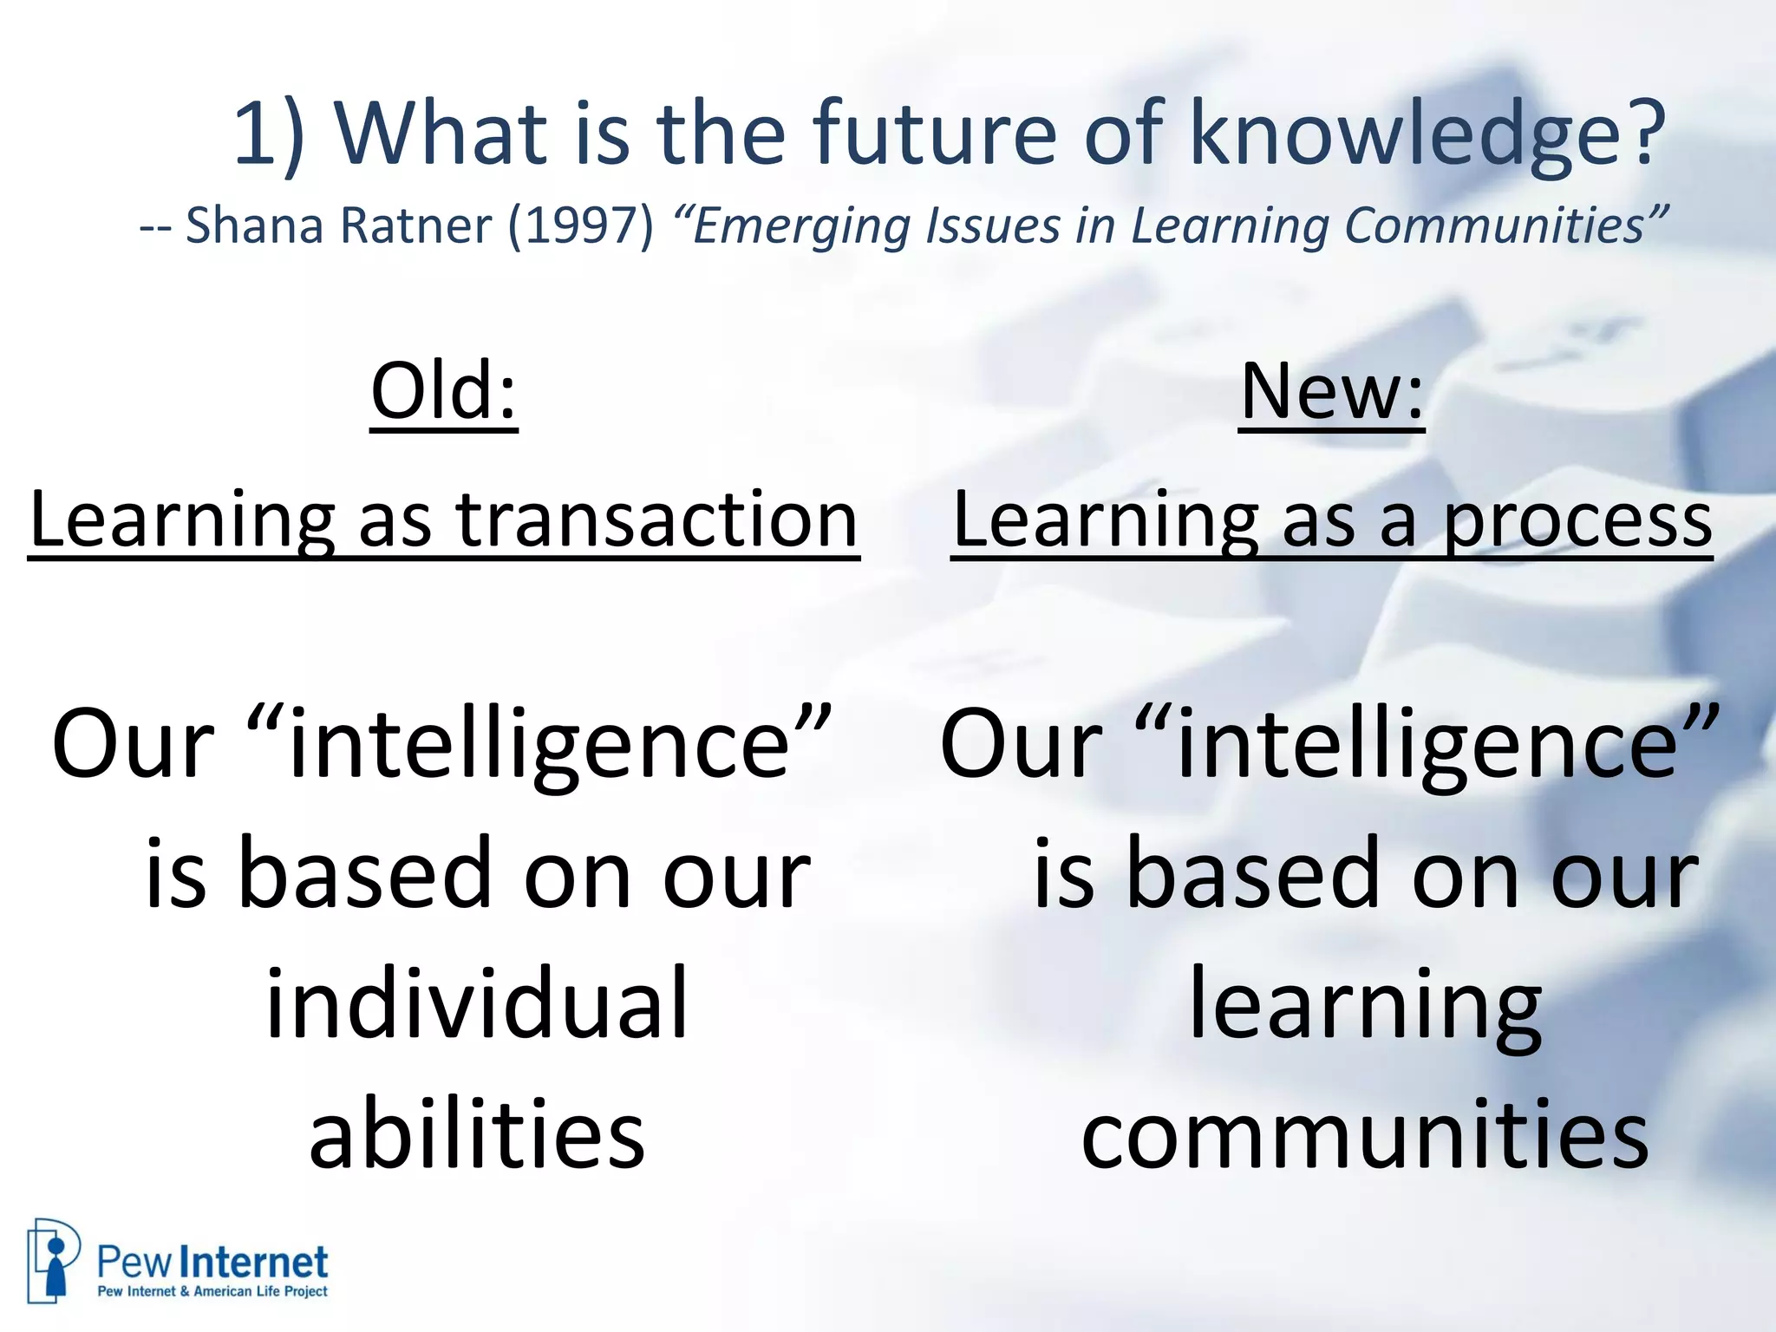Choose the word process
click(1577, 523)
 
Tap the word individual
click(476, 1003)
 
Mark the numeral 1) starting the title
click(269, 134)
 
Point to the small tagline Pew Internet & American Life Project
click(212, 1291)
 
